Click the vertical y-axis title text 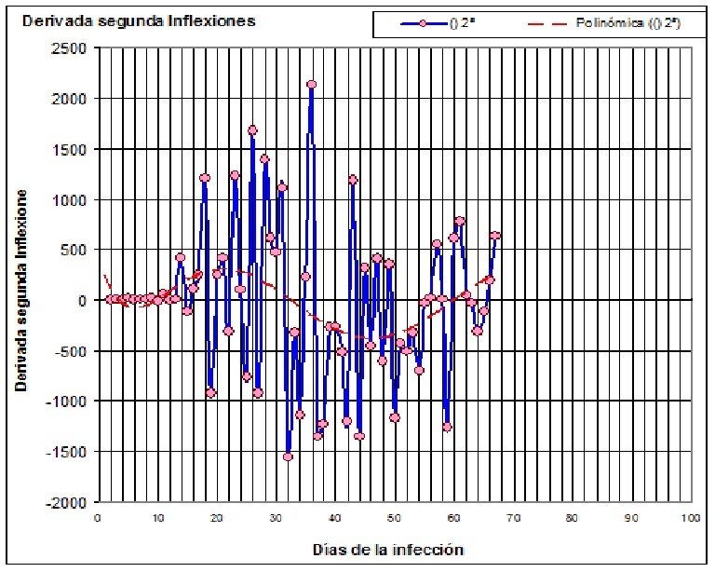point(20,290)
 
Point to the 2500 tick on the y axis point(72,48)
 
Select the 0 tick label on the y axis point(85,301)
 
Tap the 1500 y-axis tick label point(72,149)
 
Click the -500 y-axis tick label point(74,351)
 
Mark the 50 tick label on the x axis point(394,518)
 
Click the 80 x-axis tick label point(572,518)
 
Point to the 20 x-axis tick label point(216,518)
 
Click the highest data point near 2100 point(311,85)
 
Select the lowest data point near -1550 point(288,456)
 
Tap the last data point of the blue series point(495,237)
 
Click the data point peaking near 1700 point(252,130)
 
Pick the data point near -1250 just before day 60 point(447,427)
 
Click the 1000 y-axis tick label point(72,200)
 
